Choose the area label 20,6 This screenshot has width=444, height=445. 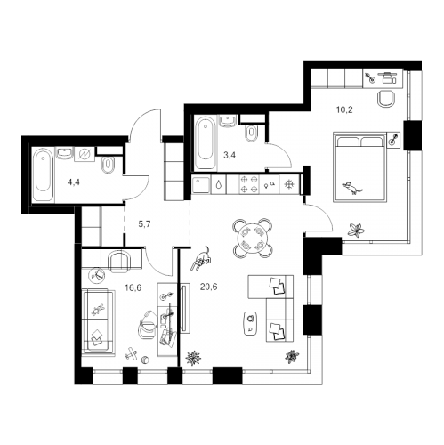point(209,287)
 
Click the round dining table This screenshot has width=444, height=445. point(251,237)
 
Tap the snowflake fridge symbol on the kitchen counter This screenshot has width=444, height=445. point(287,185)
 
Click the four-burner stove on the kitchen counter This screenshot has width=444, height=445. point(254,185)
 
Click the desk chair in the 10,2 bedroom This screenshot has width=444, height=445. point(387,98)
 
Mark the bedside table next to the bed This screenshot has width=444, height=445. point(392,139)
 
